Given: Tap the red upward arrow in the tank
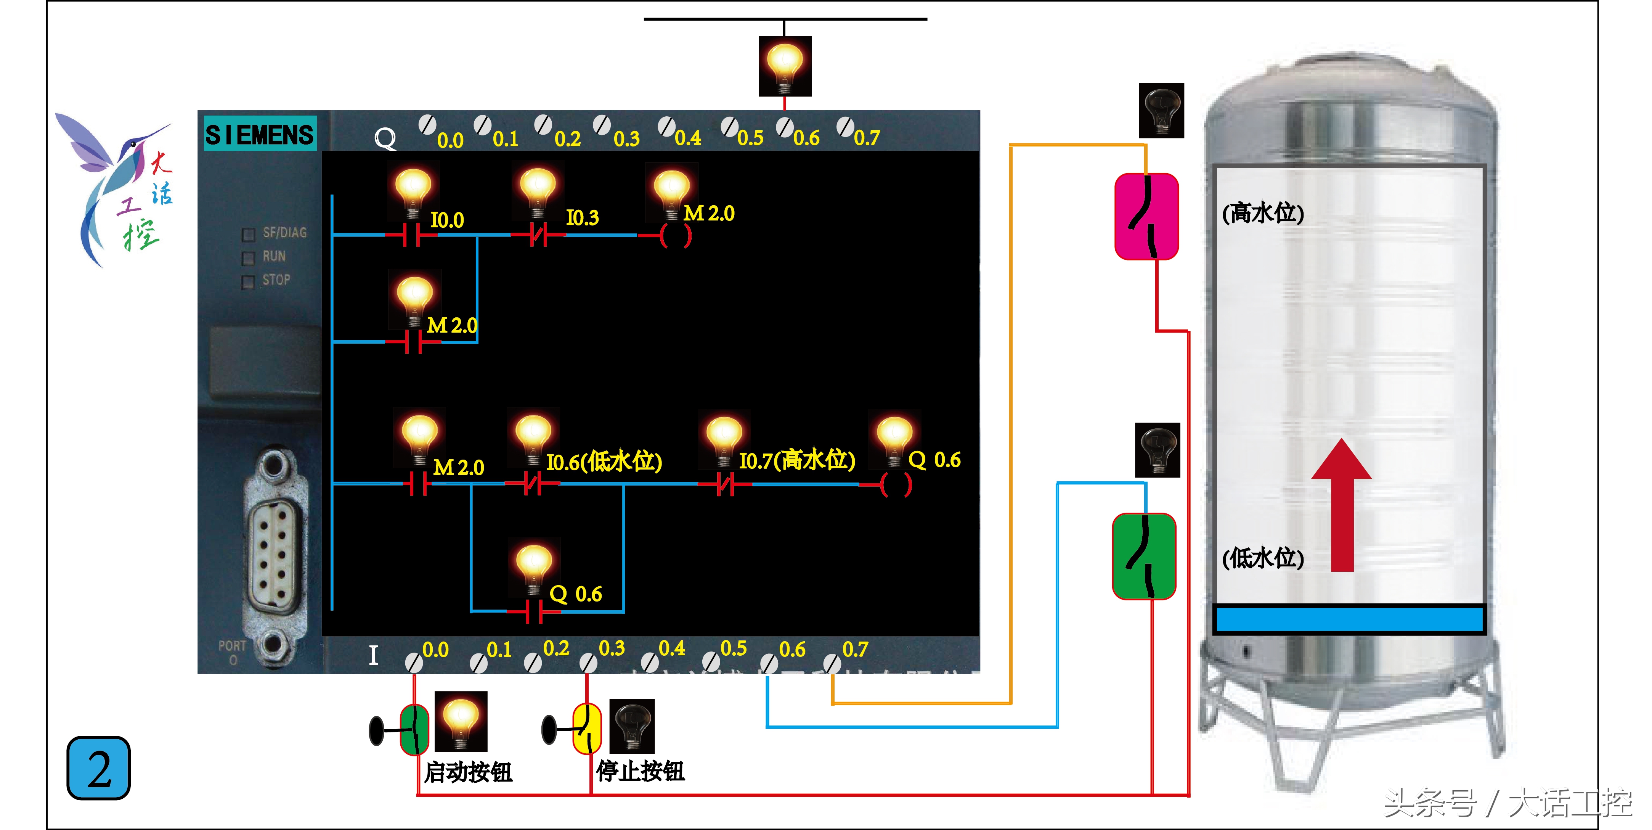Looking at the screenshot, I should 1342,507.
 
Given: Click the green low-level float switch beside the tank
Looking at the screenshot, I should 1144,556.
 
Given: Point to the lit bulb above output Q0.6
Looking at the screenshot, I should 785,66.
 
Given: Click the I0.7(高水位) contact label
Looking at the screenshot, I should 797,460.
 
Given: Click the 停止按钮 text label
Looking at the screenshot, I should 641,771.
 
